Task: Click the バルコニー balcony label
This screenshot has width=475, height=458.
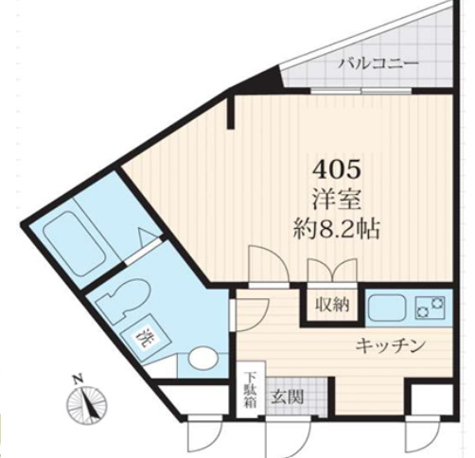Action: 378,64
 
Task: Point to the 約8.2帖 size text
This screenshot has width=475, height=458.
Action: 338,228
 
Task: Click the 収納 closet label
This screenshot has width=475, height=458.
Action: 327,305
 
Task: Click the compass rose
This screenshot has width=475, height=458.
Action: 87,405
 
